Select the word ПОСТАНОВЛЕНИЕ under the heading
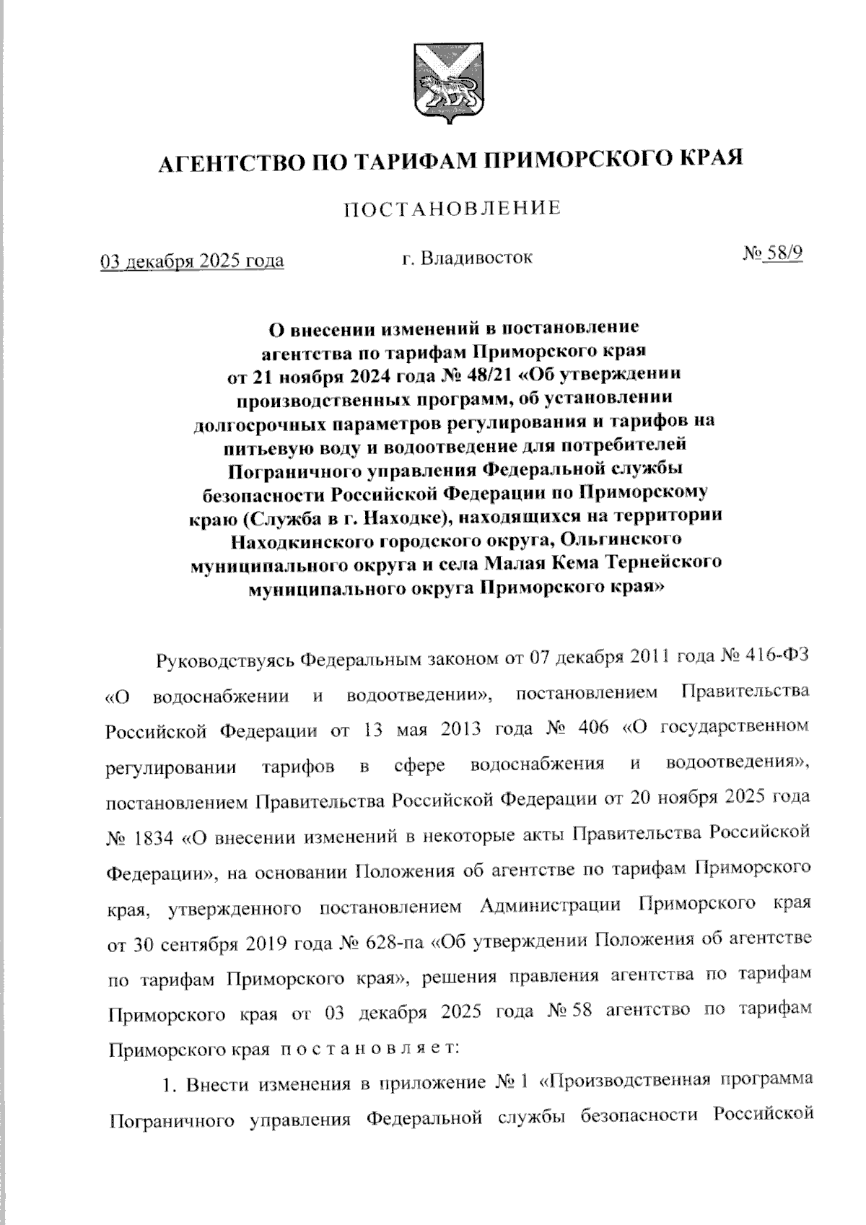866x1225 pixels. [x=452, y=209]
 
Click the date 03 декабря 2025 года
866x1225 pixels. [x=192, y=261]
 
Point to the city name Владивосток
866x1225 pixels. [x=479, y=258]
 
